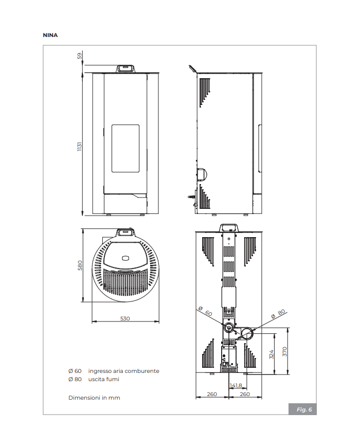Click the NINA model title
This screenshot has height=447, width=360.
click(50, 35)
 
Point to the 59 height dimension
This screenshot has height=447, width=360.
click(80, 55)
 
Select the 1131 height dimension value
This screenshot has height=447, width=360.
click(80, 147)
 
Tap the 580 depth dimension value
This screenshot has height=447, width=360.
click(80, 265)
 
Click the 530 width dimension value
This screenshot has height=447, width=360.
click(125, 318)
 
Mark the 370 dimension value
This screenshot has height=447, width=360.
click(284, 352)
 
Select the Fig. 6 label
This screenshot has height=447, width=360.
click(303, 409)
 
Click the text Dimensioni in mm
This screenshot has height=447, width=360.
click(94, 398)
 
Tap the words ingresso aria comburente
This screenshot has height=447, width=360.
click(123, 371)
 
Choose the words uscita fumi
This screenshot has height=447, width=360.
click(103, 379)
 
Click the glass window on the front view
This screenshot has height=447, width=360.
click(125, 148)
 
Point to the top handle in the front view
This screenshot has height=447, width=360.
click(125, 68)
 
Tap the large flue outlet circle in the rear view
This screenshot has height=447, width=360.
click(246, 334)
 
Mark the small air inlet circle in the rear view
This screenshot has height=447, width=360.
click(229, 328)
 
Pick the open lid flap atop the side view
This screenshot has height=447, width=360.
click(192, 68)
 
